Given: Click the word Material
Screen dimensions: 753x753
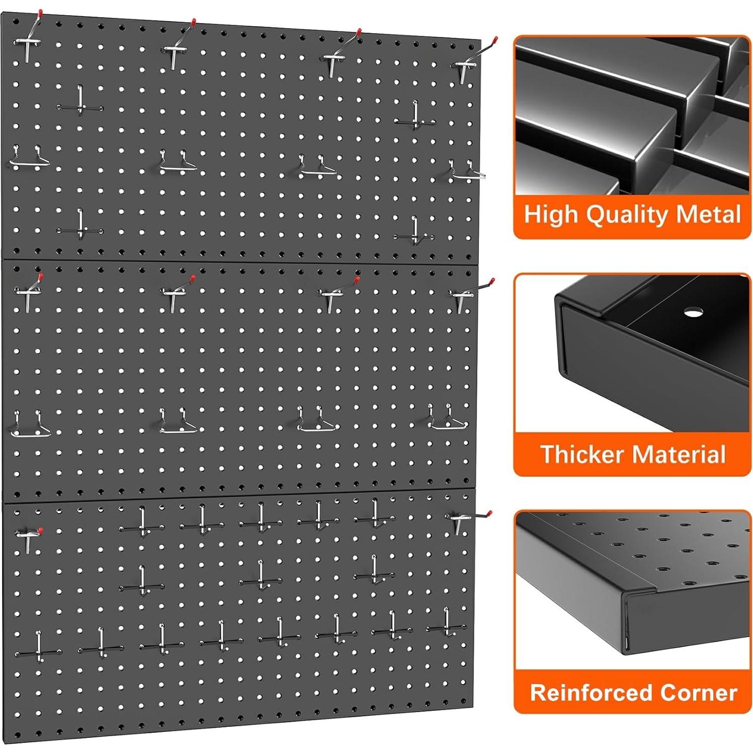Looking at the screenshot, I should [679, 454].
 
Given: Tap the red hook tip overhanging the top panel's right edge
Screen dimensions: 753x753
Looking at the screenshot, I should [495, 39].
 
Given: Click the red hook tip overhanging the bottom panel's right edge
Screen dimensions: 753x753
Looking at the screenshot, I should [489, 513].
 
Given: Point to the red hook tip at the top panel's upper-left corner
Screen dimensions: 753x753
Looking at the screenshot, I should [40, 13].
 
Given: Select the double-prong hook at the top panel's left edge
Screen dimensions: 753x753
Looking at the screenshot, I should [29, 158].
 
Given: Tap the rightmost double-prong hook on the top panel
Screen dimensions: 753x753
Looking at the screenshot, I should [466, 171].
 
